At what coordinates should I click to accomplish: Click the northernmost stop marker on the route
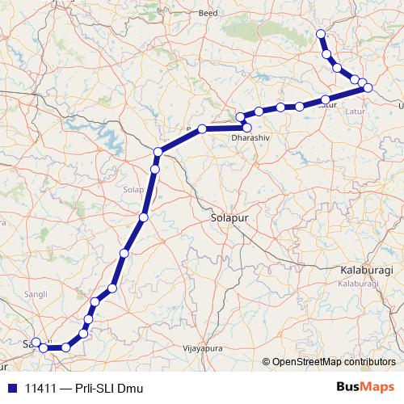pyautogui.click(x=321, y=34)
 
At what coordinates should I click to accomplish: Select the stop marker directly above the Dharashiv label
pyautogui.click(x=246, y=126)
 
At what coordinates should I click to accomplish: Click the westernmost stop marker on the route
pyautogui.click(x=36, y=343)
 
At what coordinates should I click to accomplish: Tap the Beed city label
pyautogui.click(x=209, y=14)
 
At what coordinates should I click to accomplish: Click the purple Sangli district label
pyautogui.click(x=37, y=293)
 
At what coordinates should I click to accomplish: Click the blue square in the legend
pyautogui.click(x=11, y=388)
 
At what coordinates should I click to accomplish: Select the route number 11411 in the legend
pyautogui.click(x=41, y=388)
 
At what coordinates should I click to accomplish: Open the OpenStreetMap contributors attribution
pyautogui.click(x=335, y=362)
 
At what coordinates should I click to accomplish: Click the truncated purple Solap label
pyautogui.click(x=133, y=190)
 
